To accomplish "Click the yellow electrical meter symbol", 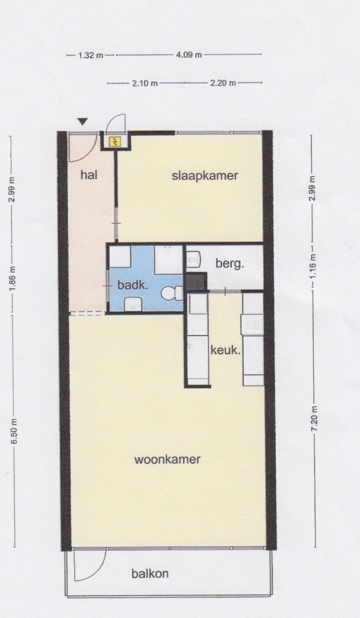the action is point(116,141).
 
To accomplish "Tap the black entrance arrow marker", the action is point(82,122).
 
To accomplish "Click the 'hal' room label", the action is point(89,174).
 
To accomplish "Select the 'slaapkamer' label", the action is point(205,176).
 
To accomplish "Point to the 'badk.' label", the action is point(133,284).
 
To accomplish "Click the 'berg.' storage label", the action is point(229,264).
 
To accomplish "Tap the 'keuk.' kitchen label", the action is point(226,350).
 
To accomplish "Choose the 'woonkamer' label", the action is point(167,459).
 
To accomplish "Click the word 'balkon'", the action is point(150,573).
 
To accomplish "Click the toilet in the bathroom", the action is point(172,293).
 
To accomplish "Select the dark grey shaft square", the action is point(196,282).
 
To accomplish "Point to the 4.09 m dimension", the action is point(189,55).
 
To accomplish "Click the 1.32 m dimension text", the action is point(90,56).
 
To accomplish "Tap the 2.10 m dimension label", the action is point(145,83).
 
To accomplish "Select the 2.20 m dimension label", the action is point(223,83).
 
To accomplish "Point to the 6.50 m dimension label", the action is point(14,431).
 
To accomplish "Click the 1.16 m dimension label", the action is point(313,266).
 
